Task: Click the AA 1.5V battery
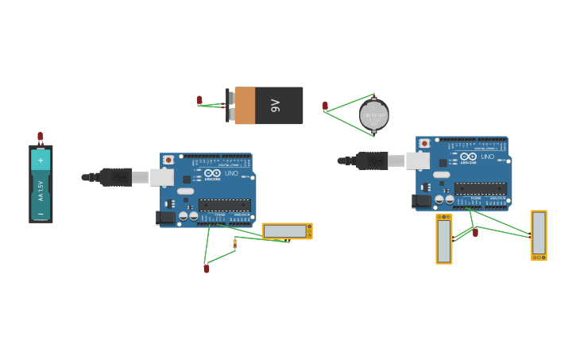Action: [x=41, y=184]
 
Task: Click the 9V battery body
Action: [x=269, y=106]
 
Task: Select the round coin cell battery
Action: [x=373, y=115]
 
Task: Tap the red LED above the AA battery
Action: [x=41, y=137]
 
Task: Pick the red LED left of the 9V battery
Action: [x=199, y=101]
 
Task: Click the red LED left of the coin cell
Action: [x=325, y=106]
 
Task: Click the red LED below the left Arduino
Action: [x=207, y=269]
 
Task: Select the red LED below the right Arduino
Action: [x=475, y=233]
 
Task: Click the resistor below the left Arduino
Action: [x=234, y=243]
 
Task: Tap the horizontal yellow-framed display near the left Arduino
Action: [x=287, y=231]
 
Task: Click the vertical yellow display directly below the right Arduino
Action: [x=443, y=238]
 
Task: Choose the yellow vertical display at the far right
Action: [x=539, y=234]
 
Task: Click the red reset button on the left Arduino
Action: [x=168, y=160]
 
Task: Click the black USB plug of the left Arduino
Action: [x=116, y=177]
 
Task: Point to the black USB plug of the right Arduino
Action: [x=372, y=161]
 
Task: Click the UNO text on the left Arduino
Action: [x=231, y=173]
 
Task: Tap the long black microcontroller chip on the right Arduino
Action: [x=480, y=188]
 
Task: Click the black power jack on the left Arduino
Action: [x=166, y=217]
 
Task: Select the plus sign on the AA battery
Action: [x=41, y=160]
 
